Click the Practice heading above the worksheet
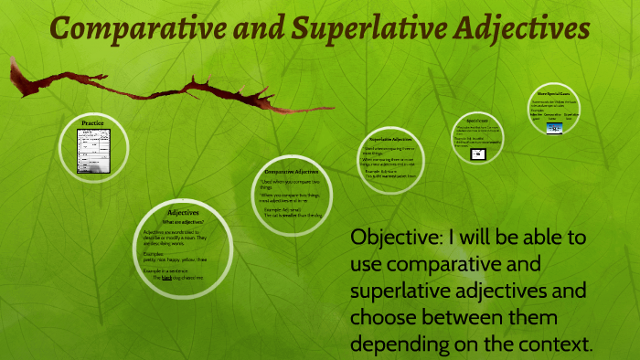coord(92,122)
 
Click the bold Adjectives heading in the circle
coord(183,213)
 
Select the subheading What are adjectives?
coord(183,222)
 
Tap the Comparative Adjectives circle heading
coord(291,172)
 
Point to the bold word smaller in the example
coord(290,215)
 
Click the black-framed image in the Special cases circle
coord(476,154)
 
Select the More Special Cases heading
coord(555,93)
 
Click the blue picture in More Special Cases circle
coord(554,128)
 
